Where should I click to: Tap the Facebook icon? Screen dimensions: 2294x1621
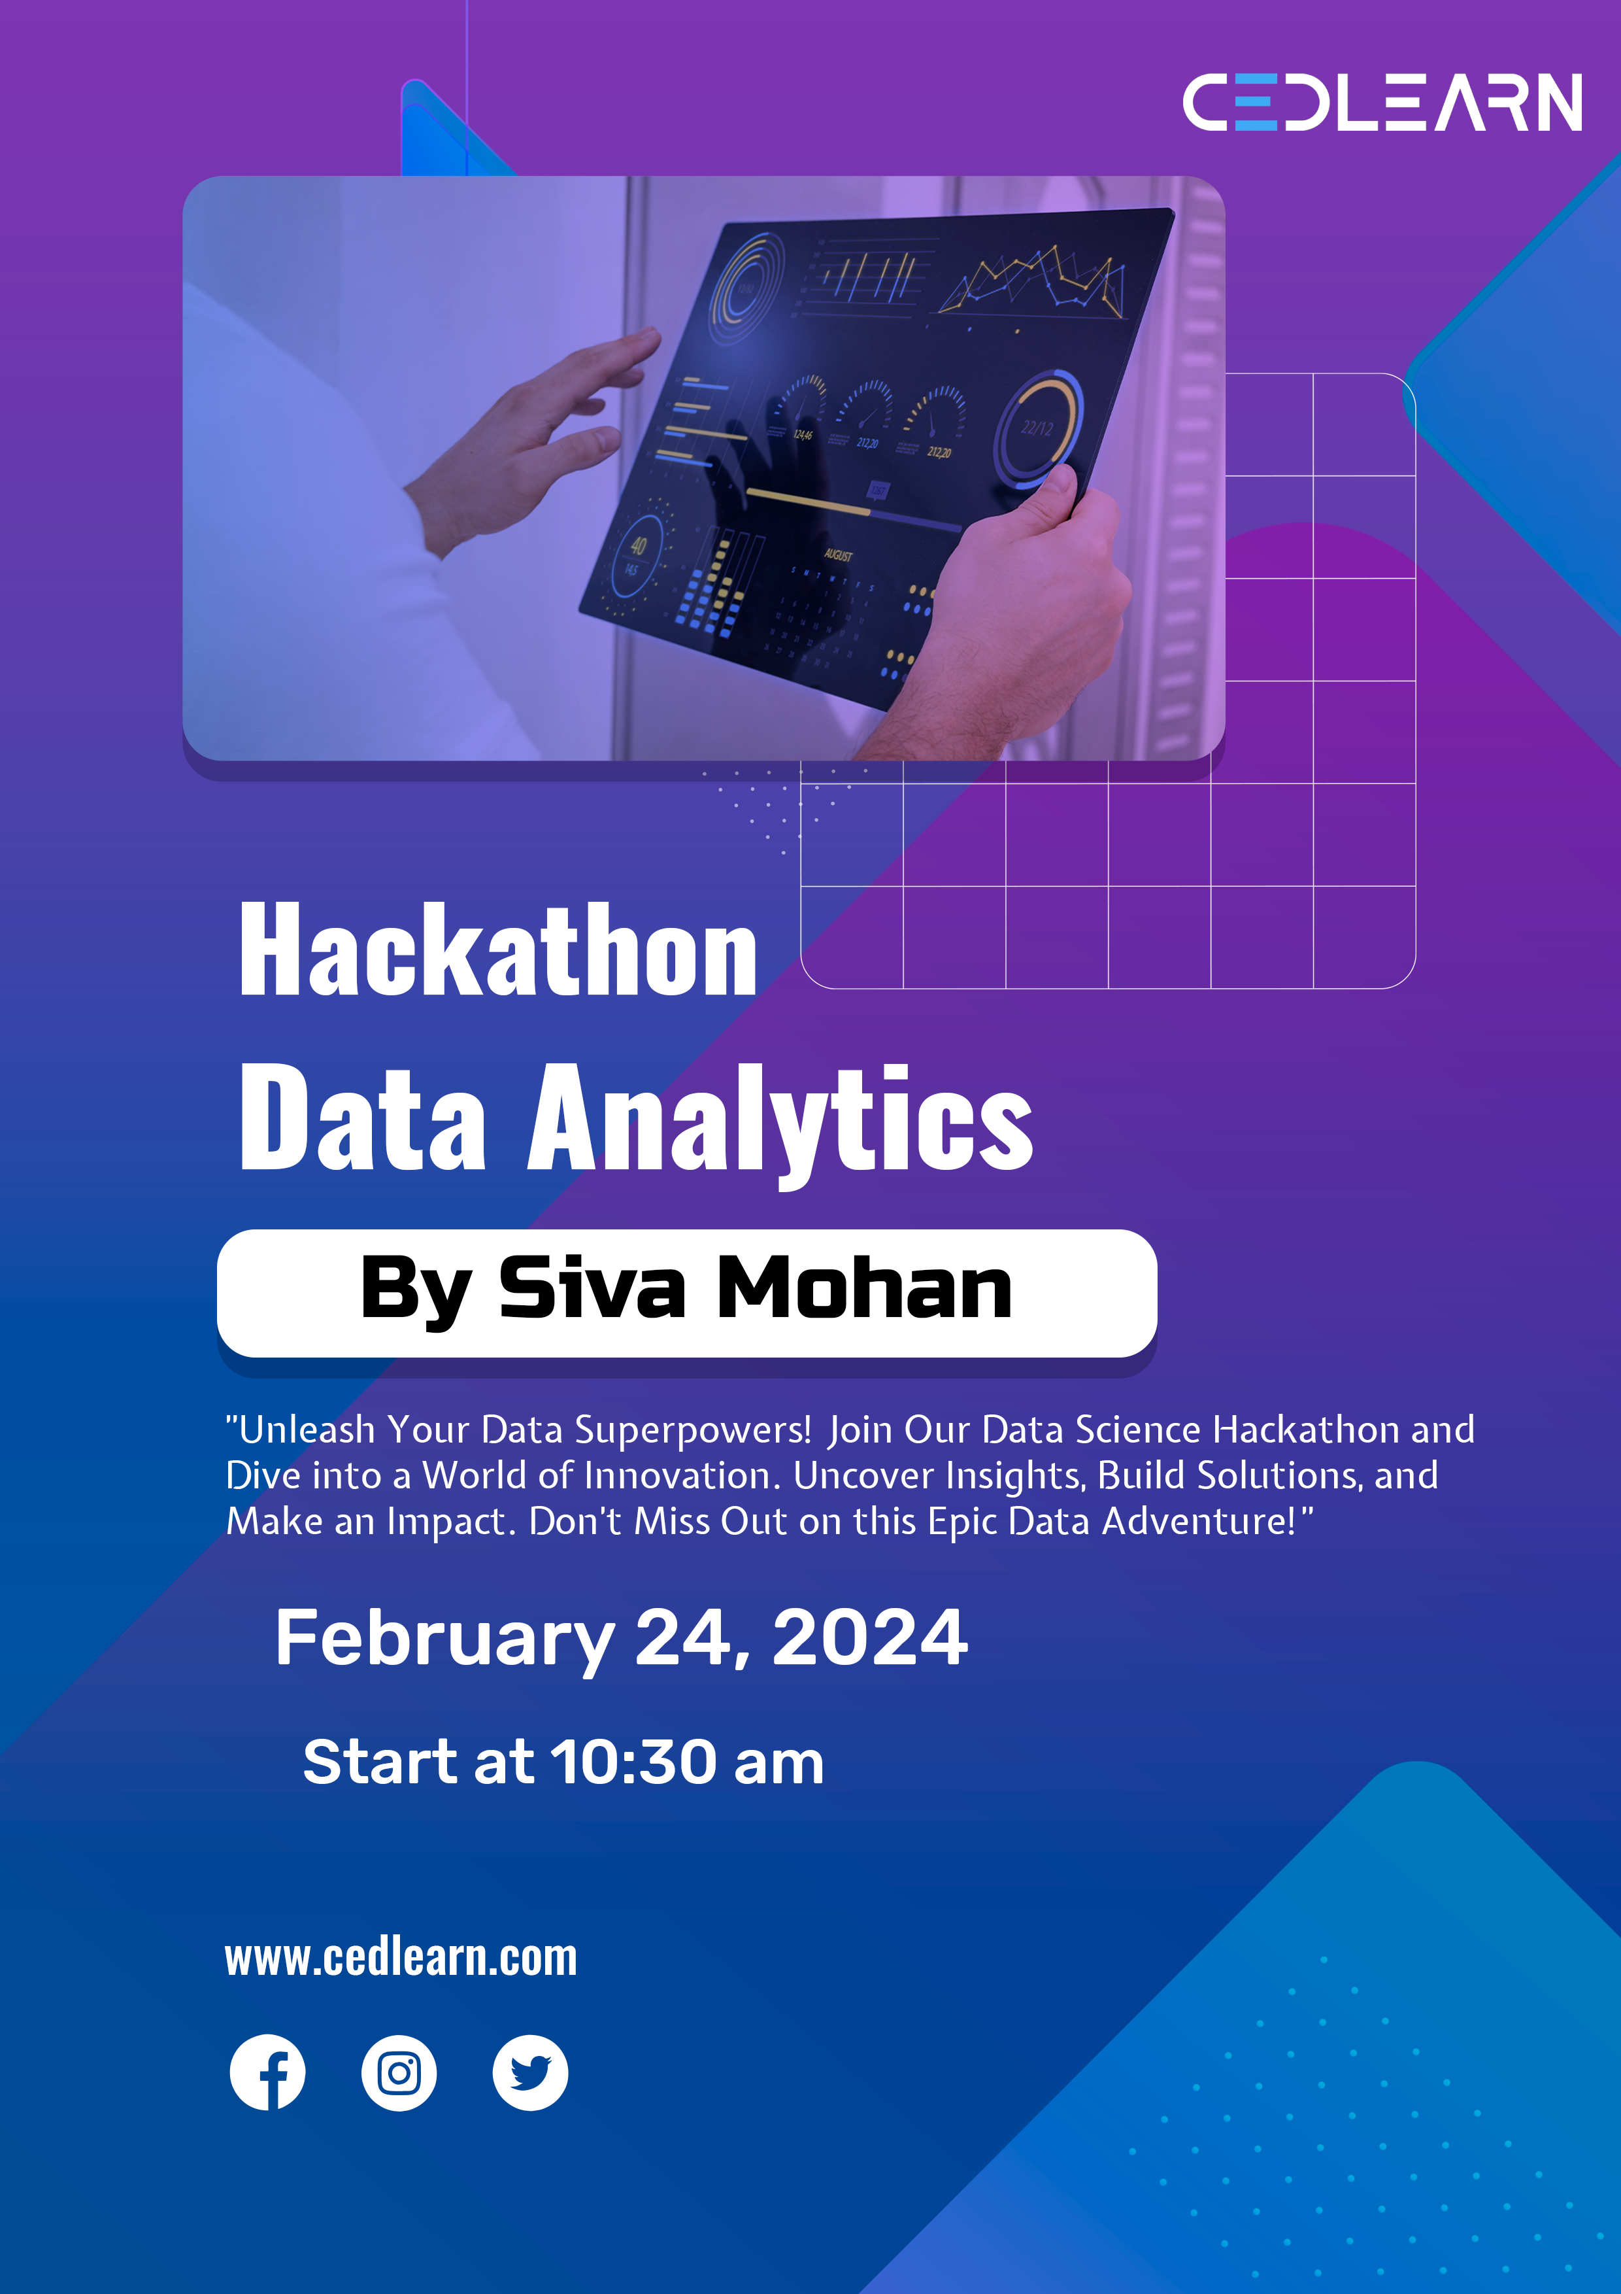coord(268,2072)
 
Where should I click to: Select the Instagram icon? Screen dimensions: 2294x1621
coord(399,2072)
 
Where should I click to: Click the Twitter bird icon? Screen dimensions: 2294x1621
coord(530,2072)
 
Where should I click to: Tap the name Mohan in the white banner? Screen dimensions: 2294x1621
coord(864,1289)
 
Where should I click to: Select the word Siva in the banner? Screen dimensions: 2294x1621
coord(592,1289)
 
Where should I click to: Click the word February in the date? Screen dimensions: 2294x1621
coord(444,1639)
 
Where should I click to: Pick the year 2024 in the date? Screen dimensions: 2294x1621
coord(869,1639)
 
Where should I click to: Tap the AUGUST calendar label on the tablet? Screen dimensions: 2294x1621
coord(838,555)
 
